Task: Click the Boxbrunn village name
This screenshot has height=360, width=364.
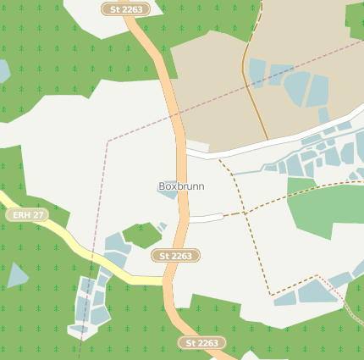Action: pos(181,186)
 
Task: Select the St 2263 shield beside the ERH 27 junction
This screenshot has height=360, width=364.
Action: pos(175,255)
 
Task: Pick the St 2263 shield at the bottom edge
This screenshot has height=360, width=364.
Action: pos(202,343)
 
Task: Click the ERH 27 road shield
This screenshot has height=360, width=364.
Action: pos(29,215)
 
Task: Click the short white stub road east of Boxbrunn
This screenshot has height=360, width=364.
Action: pos(206,218)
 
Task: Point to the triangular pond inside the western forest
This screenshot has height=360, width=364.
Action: pos(16,275)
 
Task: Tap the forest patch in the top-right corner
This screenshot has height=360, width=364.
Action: pos(355,21)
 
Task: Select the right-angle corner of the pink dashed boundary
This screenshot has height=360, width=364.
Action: pos(108,140)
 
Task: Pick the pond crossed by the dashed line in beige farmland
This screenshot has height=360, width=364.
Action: pos(257,71)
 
